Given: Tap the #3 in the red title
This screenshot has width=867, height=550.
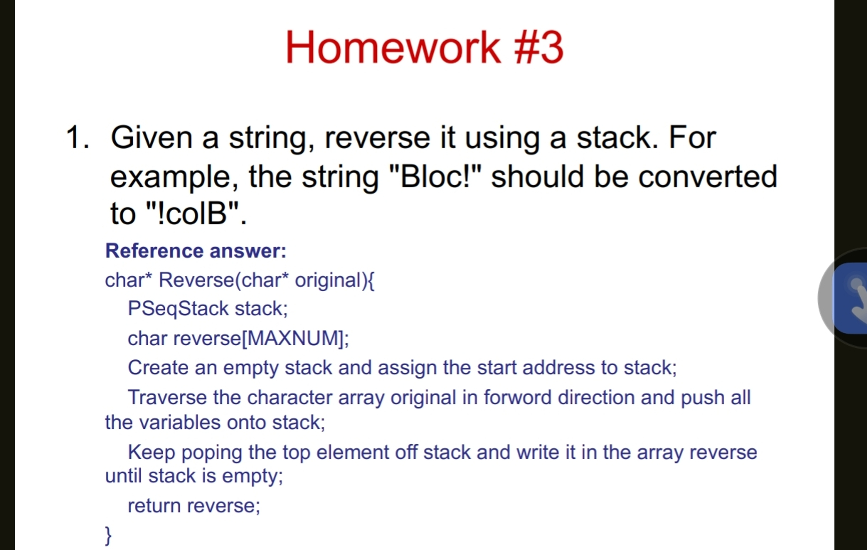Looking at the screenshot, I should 539,48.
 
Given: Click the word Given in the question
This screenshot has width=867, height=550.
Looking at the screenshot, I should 152,137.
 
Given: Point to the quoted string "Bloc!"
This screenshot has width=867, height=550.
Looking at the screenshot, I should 435,176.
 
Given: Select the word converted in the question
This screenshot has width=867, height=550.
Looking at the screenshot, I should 707,176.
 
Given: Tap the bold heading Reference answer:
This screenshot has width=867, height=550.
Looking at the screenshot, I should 196,251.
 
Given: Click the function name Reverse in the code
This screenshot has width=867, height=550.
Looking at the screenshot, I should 196,280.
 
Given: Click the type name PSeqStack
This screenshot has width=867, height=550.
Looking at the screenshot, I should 178,309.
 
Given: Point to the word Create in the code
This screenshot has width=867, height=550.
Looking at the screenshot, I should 158,368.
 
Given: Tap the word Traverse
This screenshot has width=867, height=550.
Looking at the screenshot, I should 167,397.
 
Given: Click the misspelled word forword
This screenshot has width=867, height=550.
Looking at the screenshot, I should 517,397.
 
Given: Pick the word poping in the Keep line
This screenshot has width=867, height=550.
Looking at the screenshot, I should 211,452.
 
